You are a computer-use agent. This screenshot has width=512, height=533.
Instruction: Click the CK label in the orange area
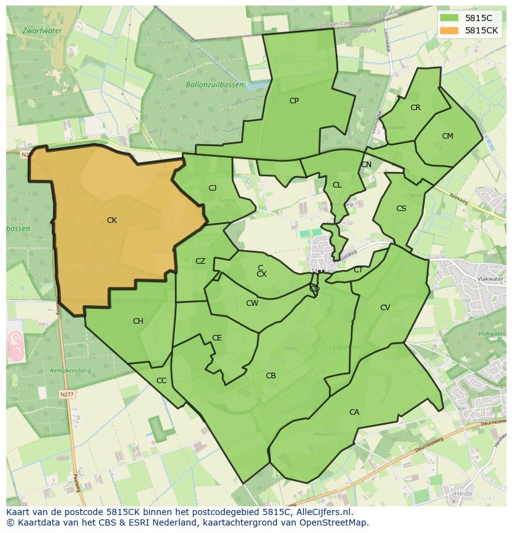pyautogui.click(x=112, y=220)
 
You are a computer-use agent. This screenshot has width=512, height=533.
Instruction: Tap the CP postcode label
pyautogui.click(x=294, y=100)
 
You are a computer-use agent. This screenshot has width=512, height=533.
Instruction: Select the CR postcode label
pyautogui.click(x=416, y=108)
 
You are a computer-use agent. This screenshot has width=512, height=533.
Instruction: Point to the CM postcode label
pyautogui.click(x=448, y=136)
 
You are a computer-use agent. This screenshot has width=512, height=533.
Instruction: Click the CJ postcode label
pyautogui.click(x=212, y=188)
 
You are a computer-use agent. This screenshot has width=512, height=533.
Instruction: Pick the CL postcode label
pyautogui.click(x=337, y=185)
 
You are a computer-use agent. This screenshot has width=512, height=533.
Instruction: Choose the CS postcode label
pyautogui.click(x=401, y=209)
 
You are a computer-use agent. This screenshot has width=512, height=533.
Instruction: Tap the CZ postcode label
pyautogui.click(x=200, y=261)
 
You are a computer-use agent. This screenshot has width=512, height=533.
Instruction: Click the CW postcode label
pyautogui.click(x=252, y=303)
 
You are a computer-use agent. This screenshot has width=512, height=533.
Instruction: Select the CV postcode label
pyautogui.click(x=385, y=308)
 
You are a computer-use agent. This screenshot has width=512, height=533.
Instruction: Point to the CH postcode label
pyautogui.click(x=138, y=321)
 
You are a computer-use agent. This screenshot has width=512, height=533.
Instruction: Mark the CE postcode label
pyautogui.click(x=217, y=338)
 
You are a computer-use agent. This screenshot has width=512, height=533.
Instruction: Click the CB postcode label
pyautogui.click(x=271, y=376)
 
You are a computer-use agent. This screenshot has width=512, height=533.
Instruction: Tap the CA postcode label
pyautogui.click(x=354, y=412)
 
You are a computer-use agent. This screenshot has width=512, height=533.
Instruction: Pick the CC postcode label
pyautogui.click(x=161, y=381)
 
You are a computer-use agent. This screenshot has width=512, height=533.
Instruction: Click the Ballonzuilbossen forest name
pyautogui.click(x=215, y=84)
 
